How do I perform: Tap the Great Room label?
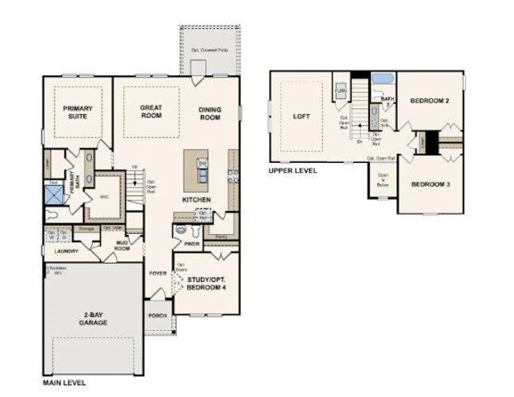[151, 112]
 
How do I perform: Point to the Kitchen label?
[197, 200]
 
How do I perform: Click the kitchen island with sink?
[198, 170]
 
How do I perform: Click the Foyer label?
[157, 274]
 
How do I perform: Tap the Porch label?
[157, 316]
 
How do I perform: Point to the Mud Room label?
[122, 245]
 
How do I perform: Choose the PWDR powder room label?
[193, 244]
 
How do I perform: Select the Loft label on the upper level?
[301, 117]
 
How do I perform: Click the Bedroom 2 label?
[430, 101]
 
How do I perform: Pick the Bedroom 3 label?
[430, 184]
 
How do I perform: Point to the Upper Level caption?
[292, 170]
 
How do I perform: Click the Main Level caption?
[64, 384]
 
